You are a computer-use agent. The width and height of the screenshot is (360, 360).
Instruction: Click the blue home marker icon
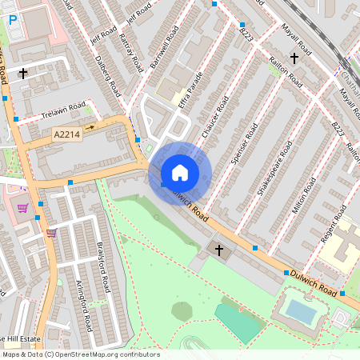click(x=180, y=173)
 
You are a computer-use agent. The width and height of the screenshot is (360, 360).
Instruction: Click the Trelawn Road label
click(x=65, y=111)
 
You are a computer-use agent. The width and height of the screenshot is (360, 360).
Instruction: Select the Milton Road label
click(x=299, y=195)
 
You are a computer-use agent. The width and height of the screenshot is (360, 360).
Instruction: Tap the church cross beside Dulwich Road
click(x=219, y=250)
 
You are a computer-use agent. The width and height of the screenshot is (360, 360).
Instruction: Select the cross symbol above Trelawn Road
click(x=23, y=73)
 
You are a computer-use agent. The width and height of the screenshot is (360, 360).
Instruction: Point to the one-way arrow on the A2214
click(x=90, y=126)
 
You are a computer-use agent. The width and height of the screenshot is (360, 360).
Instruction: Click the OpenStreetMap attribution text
click(x=80, y=354)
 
